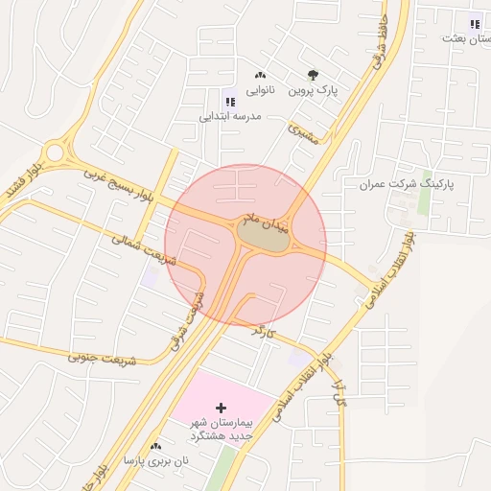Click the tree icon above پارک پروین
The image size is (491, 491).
coord(314,75)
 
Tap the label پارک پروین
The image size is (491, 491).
coord(315,91)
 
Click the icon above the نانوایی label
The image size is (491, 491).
coord(260,76)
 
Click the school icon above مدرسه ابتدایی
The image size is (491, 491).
coord(229,101)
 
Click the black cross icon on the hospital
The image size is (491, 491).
coord(222,408)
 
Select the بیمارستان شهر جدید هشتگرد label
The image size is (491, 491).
coord(219,429)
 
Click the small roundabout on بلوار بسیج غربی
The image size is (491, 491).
coord(58,152)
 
